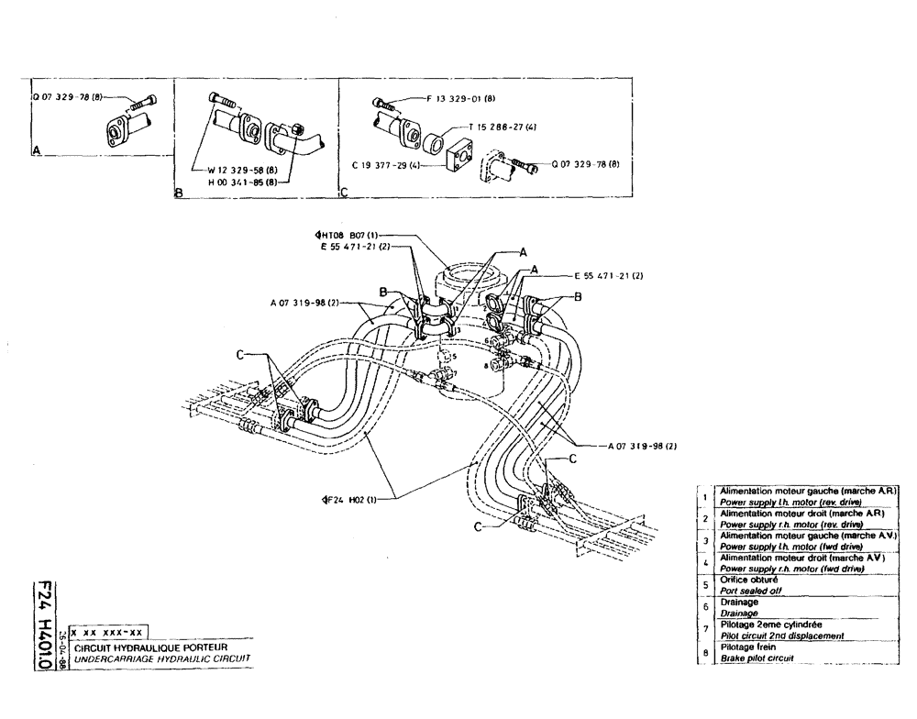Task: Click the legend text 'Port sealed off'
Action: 746,591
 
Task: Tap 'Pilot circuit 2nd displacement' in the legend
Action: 780,636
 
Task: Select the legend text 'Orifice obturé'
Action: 748,580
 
